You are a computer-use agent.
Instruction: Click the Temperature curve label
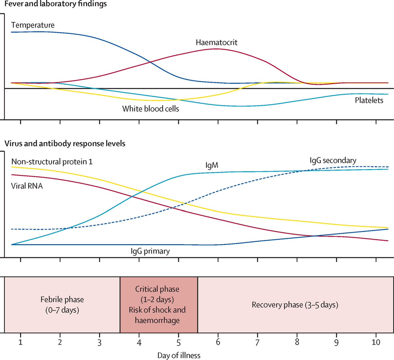pos(33,25)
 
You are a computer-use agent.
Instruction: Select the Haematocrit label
pos(216,42)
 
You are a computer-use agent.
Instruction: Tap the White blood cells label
pos(151,109)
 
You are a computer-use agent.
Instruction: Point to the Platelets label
pos(369,100)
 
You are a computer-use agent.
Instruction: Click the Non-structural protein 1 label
pos(52,162)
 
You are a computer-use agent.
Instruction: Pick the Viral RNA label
pos(27,186)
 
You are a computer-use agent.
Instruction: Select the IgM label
pos(212,165)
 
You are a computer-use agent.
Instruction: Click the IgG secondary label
pos(333,160)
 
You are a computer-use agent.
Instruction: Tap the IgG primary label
pos(150,251)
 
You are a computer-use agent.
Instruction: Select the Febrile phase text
pos(62,300)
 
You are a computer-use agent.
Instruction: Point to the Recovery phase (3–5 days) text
pos(295,305)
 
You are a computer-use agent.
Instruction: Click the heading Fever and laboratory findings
pos(55,4)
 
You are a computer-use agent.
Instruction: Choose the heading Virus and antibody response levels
pos(65,143)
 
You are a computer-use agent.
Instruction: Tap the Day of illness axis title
pos(179,355)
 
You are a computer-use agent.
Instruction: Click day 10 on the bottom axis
pos(376,343)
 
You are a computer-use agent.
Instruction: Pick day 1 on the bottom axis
pos(20,343)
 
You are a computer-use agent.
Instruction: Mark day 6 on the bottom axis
pos(218,343)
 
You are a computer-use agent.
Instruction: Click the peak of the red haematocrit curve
pos(216,49)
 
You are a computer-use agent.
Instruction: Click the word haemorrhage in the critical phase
pos(157,320)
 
